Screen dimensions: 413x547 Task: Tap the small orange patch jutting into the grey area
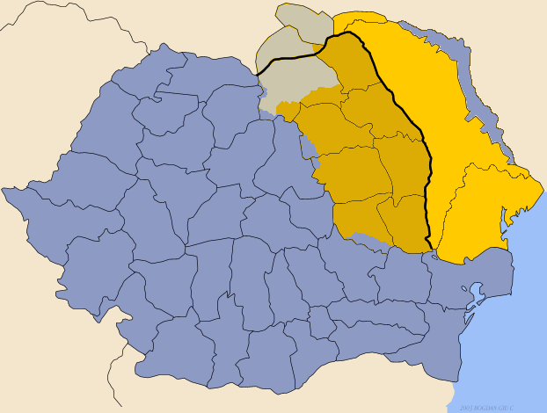coord(285,112)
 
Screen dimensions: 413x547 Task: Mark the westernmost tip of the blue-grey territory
coord(4,190)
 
